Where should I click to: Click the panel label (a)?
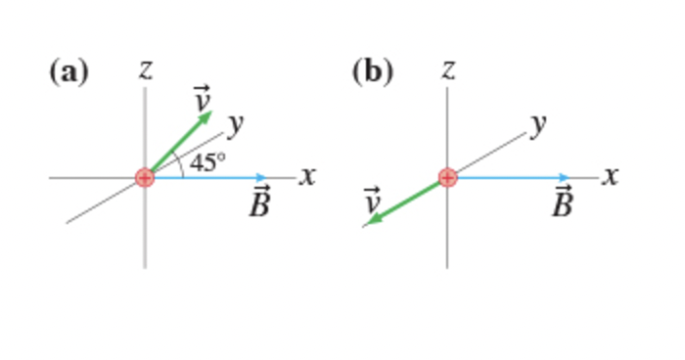point(68,72)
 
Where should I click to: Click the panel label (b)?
point(372,72)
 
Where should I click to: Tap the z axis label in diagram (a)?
point(145,68)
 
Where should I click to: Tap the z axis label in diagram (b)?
point(448,68)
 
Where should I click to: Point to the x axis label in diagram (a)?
point(308,176)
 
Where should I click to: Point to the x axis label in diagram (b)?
point(612,176)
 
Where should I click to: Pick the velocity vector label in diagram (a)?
point(202,99)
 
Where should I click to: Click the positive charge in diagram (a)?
point(145,177)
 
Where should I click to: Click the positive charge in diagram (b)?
point(448,177)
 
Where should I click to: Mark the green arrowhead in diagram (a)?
point(205,116)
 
